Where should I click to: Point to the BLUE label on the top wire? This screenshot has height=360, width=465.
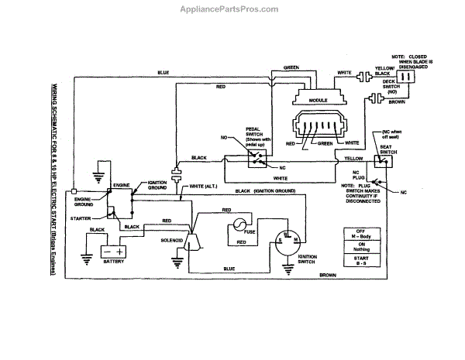coord(164,73)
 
